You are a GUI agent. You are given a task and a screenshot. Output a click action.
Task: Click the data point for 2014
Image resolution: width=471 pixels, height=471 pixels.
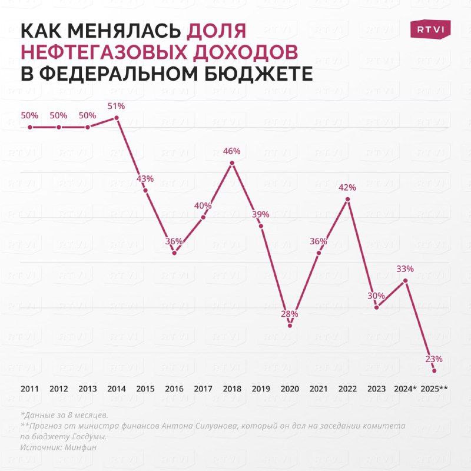click(x=117, y=118)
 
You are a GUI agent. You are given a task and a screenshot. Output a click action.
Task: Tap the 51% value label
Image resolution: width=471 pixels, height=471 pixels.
click(x=117, y=107)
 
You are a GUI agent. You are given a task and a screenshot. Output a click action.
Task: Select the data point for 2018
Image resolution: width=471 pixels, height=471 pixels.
click(x=232, y=163)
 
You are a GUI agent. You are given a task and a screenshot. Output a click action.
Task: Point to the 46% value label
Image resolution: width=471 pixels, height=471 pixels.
click(x=232, y=151)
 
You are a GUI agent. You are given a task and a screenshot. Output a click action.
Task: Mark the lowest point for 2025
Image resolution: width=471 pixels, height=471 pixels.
click(x=434, y=370)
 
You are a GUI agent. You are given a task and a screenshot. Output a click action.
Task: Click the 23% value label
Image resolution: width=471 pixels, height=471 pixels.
click(x=434, y=359)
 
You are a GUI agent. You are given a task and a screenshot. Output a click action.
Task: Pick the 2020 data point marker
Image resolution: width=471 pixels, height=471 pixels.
click(x=290, y=326)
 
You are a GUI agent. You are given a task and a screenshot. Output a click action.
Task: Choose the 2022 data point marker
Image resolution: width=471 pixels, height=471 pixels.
click(x=347, y=199)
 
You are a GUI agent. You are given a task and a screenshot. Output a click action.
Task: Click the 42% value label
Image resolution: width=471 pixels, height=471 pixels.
click(x=347, y=188)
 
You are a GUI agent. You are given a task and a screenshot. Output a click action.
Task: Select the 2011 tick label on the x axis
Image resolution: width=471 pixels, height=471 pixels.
click(x=29, y=389)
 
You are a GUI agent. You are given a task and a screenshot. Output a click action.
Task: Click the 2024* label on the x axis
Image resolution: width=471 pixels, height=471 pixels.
click(x=405, y=389)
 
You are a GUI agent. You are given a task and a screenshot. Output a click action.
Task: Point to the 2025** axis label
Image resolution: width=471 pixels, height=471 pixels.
click(x=435, y=389)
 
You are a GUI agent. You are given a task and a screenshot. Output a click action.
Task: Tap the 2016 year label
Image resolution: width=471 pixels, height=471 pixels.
click(x=174, y=389)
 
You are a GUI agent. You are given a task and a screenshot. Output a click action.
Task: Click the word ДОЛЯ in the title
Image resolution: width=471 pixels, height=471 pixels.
click(x=217, y=31)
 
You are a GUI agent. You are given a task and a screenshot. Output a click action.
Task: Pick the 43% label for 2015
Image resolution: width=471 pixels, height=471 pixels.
click(x=145, y=178)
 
